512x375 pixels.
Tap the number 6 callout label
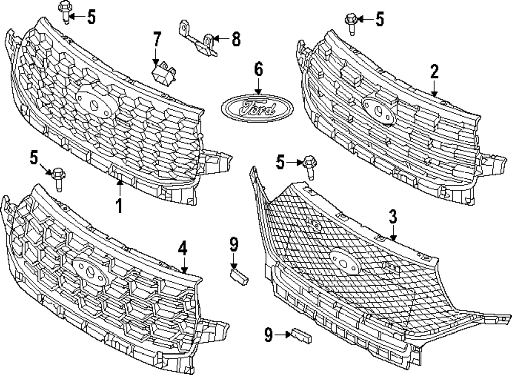pos(259,69)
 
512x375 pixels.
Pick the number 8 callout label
pos(236,39)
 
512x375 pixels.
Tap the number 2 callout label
pos(434,72)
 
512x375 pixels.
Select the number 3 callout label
pos(393,217)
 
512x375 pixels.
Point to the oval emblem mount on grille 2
pos(379,109)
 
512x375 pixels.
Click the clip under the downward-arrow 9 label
pos(239,277)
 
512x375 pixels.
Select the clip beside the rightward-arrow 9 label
pos(302,336)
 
